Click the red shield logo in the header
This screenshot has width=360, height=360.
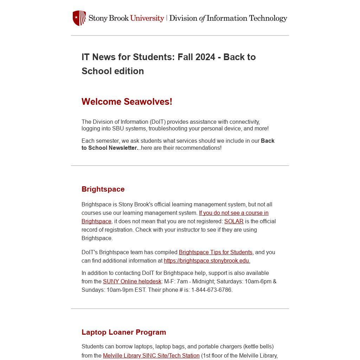[x=79, y=18]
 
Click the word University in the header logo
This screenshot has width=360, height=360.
[x=147, y=18]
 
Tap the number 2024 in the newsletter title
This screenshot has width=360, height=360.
[x=205, y=57]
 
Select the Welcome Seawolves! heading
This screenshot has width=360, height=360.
[x=127, y=102]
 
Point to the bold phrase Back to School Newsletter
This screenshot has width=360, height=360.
[x=178, y=144]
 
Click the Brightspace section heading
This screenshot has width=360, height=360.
[x=103, y=189]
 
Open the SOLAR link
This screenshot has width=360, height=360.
[x=234, y=221]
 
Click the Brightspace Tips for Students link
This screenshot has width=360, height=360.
[x=216, y=252]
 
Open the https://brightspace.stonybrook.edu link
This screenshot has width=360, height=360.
[x=207, y=261]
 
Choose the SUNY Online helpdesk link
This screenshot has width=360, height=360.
[x=132, y=282]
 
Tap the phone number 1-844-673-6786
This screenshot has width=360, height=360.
[x=211, y=290]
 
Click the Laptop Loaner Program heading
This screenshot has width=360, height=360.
[x=124, y=332]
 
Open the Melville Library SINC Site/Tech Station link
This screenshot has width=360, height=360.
[x=151, y=356]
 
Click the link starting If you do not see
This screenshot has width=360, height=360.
[x=233, y=213]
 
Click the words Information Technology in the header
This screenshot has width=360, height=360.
[x=247, y=18]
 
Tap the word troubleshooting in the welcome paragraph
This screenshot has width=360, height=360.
[x=168, y=129]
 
